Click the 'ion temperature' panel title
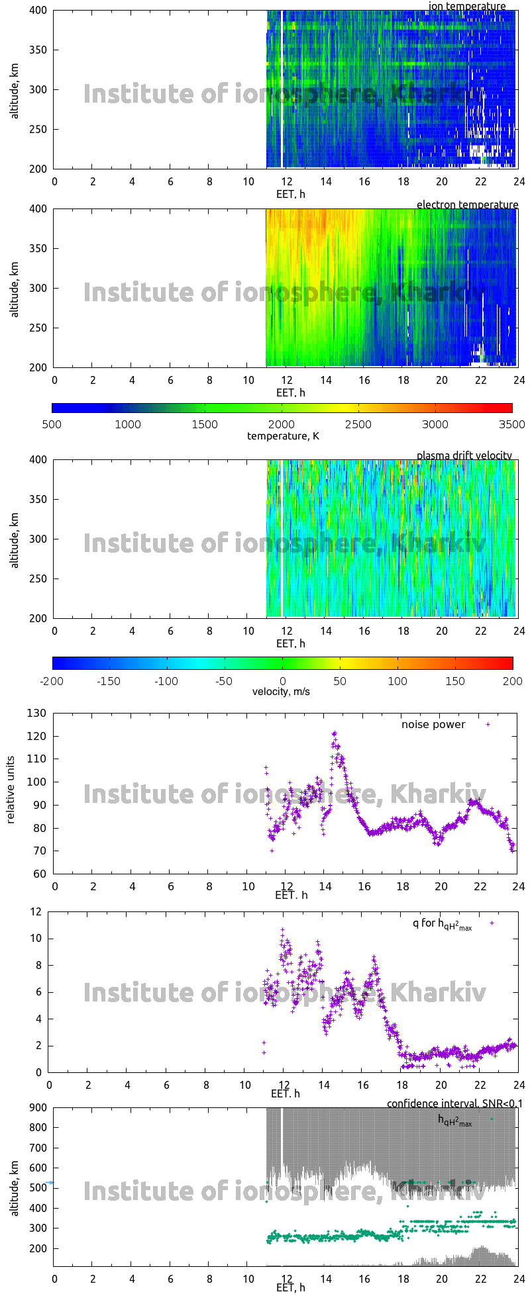pyautogui.click(x=467, y=7)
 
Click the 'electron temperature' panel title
pyautogui.click(x=467, y=205)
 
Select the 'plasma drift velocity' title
pyautogui.click(x=464, y=455)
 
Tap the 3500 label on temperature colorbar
pyautogui.click(x=511, y=424)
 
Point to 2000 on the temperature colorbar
pyautogui.click(x=282, y=424)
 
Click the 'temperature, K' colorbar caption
pyautogui.click(x=283, y=436)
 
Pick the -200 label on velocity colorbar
pyautogui.click(x=52, y=680)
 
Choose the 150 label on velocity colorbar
pyautogui.click(x=455, y=680)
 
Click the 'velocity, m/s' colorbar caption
pyautogui.click(x=281, y=692)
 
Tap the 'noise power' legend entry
pyautogui.click(x=433, y=724)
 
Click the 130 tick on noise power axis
pyautogui.click(x=38, y=713)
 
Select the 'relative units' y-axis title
pyautogui.click(x=11, y=793)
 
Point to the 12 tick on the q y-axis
pyautogui.click(x=35, y=911)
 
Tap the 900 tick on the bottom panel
pyautogui.click(x=38, y=1107)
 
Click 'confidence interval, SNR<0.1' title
pyautogui.click(x=454, y=1103)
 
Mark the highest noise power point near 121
pyautogui.click(x=335, y=733)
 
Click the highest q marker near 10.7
pyautogui.click(x=282, y=929)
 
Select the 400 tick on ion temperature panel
pyautogui.click(x=38, y=11)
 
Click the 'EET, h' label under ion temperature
pyautogui.click(x=291, y=194)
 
